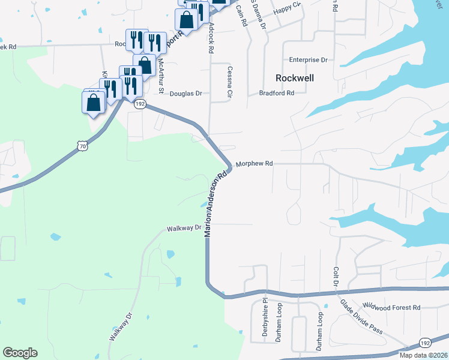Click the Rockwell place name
(295, 78)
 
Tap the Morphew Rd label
(255, 163)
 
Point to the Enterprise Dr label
(308, 60)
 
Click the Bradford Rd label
(277, 93)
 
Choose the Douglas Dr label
(186, 94)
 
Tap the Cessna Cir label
(229, 82)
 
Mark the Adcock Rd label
(211, 39)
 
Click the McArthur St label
(160, 74)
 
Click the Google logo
(20, 353)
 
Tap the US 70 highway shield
(82, 145)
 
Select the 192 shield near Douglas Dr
(140, 104)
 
